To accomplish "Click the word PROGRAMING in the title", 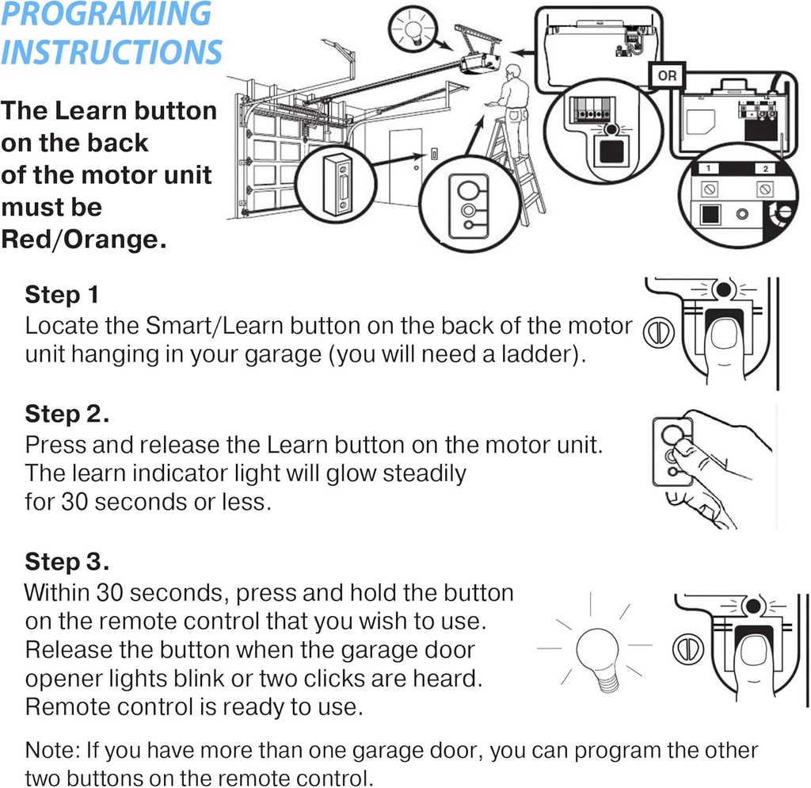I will (x=107, y=14).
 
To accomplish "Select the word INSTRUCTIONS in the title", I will (x=111, y=52).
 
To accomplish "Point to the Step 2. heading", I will (x=67, y=414).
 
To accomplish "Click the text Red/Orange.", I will (x=84, y=239).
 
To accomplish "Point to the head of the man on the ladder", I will (x=513, y=72).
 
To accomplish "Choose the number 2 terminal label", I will (x=765, y=169).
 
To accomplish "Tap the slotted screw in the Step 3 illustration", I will (x=686, y=647).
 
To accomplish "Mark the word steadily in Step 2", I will (x=425, y=474).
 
